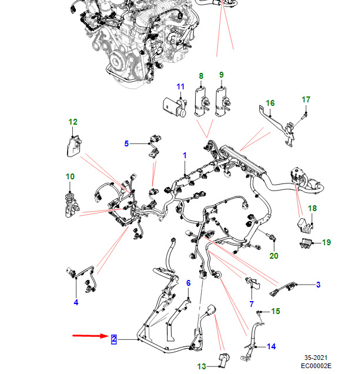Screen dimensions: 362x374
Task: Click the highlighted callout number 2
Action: pos(114,339)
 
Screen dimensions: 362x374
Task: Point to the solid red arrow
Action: pos(90,336)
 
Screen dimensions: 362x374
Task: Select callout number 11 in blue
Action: pos(180,86)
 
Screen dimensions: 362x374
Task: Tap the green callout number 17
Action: pos(306,99)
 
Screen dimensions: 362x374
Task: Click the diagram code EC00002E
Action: pos(316,366)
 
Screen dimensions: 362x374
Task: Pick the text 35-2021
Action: pos(316,358)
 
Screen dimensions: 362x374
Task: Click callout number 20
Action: pos(274,256)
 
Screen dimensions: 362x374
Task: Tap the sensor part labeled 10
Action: pos(72,206)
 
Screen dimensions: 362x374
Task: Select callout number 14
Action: pos(271,346)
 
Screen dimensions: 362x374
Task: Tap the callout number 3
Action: pos(318,285)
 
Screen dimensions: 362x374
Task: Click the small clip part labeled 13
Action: pos(224,360)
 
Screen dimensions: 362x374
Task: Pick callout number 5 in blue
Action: pos(126,143)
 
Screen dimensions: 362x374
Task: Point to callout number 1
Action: pos(185,155)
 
